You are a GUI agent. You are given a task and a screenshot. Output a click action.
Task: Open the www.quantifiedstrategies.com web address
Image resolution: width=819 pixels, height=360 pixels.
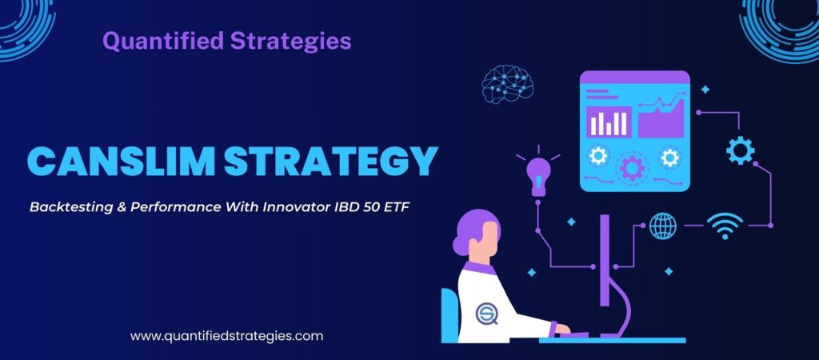[226, 336]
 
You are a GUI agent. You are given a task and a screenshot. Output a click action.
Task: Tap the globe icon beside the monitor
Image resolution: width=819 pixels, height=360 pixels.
[663, 226]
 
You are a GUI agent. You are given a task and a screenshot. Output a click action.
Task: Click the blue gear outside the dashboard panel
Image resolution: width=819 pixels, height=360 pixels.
[740, 150]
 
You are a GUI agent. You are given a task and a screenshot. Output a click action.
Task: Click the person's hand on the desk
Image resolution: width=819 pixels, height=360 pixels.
[562, 328]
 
